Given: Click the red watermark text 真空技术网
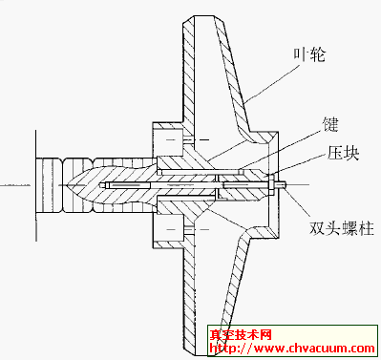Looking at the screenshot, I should [243, 335].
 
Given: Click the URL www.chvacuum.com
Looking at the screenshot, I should [295, 350].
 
